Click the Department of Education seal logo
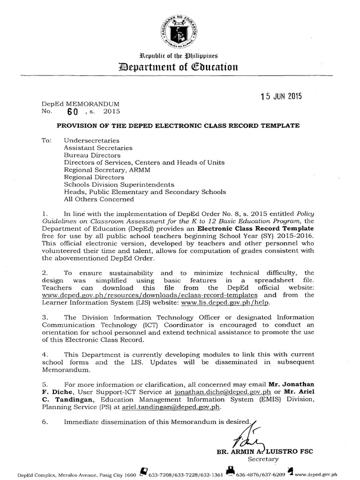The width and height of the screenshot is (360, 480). click(180, 29)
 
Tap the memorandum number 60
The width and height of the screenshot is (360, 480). click(71, 112)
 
